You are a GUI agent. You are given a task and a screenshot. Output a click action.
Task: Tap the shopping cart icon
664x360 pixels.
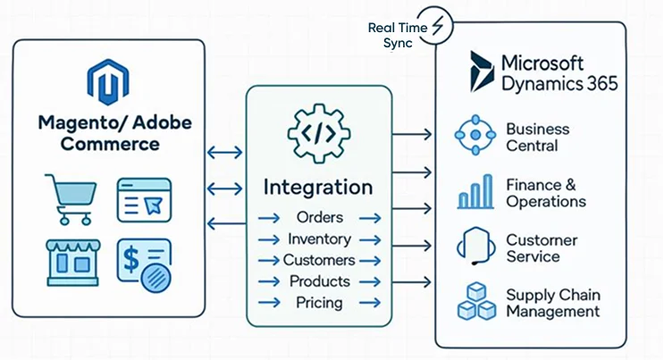coord(70,198)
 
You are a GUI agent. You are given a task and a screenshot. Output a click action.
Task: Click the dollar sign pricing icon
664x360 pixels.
coord(144,262)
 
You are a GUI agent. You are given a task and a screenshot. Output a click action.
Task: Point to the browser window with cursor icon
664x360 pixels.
coord(144,199)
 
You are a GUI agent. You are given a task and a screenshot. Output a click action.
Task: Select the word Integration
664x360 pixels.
coord(318,188)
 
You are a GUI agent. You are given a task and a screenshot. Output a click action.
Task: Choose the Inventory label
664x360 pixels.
coord(319,239)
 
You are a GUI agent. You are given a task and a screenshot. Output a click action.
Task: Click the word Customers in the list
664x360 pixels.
coord(319,260)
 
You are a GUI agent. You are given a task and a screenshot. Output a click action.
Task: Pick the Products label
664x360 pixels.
coord(319,281)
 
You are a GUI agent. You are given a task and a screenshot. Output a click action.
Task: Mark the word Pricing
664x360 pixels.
coord(319,303)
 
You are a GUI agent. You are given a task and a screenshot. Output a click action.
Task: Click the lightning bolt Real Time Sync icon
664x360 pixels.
coord(437,27)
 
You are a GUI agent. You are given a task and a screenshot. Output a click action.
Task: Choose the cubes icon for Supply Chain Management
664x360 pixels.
coord(475,302)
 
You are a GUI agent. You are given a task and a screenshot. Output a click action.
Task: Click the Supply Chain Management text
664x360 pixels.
coord(552,303)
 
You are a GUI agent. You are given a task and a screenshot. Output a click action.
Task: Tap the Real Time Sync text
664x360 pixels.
coord(393,35)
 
